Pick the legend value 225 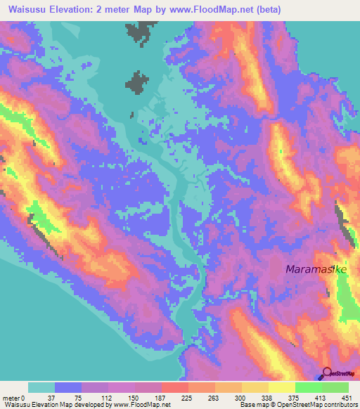click(x=188, y=397)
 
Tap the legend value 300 click(x=241, y=397)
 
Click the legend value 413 click(x=321, y=397)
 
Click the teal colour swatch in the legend click(x=41, y=387)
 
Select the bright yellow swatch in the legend click(x=281, y=387)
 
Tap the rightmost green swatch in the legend click(x=335, y=387)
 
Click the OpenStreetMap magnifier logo click(x=327, y=372)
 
